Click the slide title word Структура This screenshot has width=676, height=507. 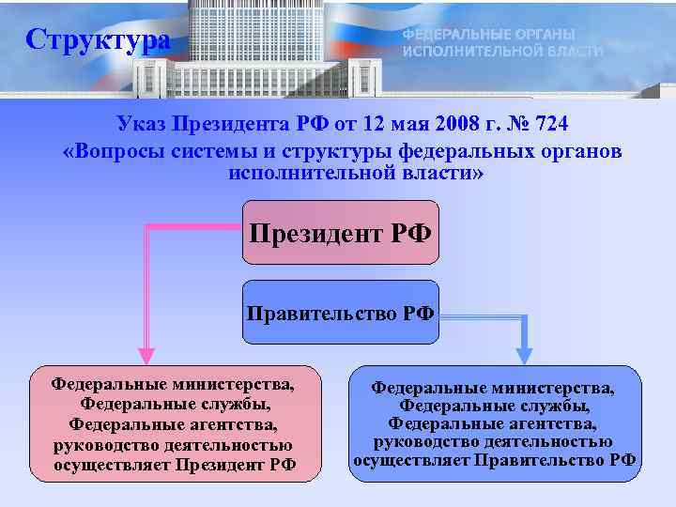tap(98, 40)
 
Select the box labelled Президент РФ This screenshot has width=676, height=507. tap(341, 231)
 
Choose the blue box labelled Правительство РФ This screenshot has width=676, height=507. tap(341, 313)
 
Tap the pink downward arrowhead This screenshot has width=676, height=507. tap(147, 354)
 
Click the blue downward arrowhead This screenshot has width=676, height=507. tap(524, 355)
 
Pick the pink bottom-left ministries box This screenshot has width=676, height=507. tap(175, 423)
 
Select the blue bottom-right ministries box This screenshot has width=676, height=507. tap(495, 423)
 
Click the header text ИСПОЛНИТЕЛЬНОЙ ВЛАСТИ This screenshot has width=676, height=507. tap(502, 51)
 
